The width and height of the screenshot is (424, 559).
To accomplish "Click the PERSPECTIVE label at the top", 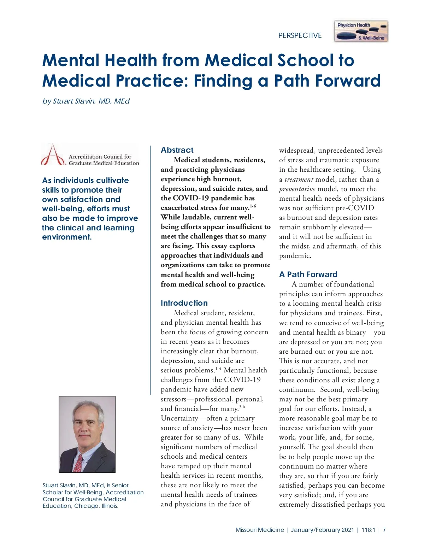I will coord(300,35).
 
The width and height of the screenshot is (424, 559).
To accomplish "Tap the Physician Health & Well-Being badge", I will coord(361,31).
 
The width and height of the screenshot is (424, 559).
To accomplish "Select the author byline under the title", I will coord(86,101).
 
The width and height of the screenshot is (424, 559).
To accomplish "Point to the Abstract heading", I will coord(177,150).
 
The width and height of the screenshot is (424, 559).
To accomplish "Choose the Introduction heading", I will coord(184,303).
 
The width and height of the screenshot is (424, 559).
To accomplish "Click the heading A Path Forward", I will coord(308,274).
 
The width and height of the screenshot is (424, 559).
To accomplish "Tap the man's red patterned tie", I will coord(78,463).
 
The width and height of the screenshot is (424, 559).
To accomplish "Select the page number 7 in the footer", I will coord(384,530).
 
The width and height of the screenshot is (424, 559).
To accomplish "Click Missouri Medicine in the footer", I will coord(260,530).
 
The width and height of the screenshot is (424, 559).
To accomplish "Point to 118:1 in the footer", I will coord(368,530).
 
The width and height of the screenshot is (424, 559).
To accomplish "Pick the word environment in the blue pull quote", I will coord(66,237).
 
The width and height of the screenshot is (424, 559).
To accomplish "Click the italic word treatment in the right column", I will coord(299,179).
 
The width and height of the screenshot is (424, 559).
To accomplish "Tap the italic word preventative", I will coord(297,189).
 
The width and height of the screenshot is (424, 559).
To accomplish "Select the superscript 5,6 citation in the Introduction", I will coord(242,407).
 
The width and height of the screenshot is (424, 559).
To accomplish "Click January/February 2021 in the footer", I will coord(322,530).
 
